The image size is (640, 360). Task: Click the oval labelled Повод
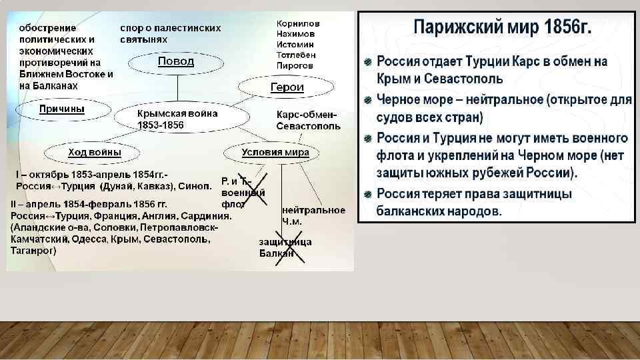coord(176,62)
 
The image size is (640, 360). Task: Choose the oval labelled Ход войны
coord(95,153)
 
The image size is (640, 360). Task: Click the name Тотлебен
coord(296,55)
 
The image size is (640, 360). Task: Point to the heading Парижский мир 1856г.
coord(503,29)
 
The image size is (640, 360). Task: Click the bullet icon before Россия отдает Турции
coord(368,62)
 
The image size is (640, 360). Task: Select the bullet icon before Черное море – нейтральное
coord(368,101)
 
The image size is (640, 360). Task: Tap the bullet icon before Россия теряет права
coord(368,195)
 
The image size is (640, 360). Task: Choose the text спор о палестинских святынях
coord(171,34)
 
